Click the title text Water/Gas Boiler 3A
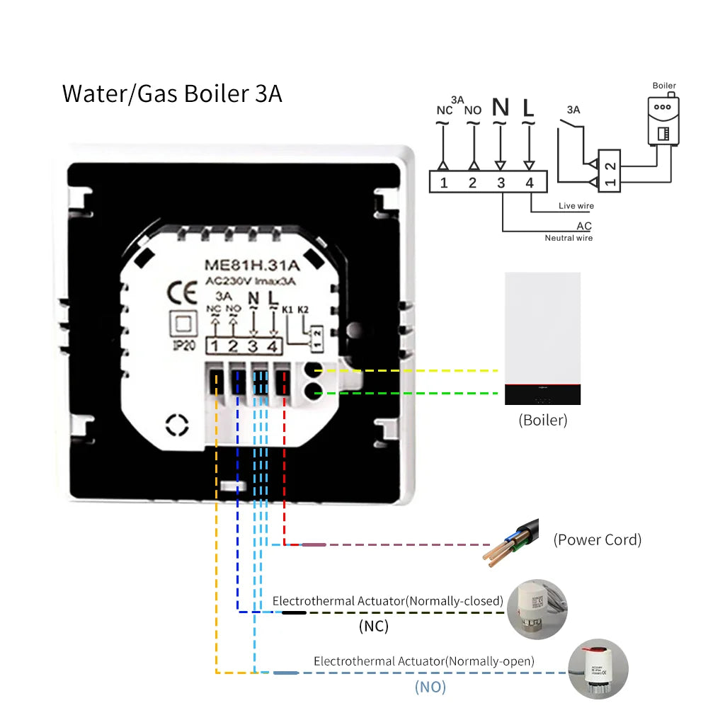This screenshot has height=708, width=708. pyautogui.click(x=172, y=93)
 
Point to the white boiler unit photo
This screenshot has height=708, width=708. pyautogui.click(x=542, y=338)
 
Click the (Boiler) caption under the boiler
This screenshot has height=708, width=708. pyautogui.click(x=543, y=420)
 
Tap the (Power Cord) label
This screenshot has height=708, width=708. pyautogui.click(x=597, y=539)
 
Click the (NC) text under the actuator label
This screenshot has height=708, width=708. pyautogui.click(x=373, y=626)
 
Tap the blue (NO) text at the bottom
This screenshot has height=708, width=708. pyautogui.click(x=430, y=686)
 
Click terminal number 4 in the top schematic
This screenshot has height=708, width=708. pyautogui.click(x=529, y=183)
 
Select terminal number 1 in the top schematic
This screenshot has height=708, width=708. pyautogui.click(x=443, y=183)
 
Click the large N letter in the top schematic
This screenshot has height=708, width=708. pyautogui.click(x=500, y=108)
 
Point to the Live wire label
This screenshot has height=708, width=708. pyautogui.click(x=576, y=206)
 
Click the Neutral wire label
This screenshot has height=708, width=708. pyautogui.click(x=569, y=238)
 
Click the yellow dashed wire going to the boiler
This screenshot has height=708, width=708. pyautogui.click(x=425, y=370)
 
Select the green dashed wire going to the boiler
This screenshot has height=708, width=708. pyautogui.click(x=425, y=392)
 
